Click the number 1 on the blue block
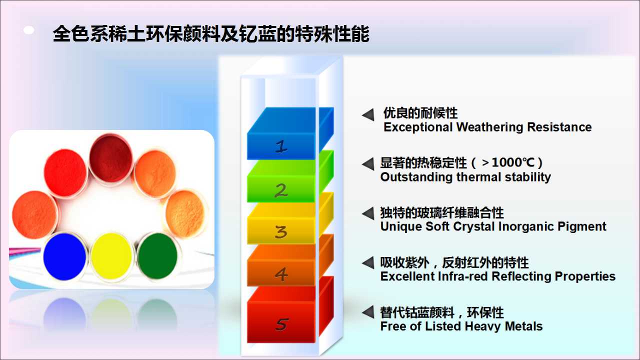[x=281, y=146]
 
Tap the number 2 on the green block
[x=281, y=190]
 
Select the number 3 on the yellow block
[x=281, y=231]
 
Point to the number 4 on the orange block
[x=281, y=274]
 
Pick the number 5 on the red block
[x=281, y=324]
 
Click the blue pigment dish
[x=65, y=256]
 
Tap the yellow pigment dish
[x=111, y=256]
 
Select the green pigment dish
[x=157, y=256]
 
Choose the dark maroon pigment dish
[x=111, y=158]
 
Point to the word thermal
[x=478, y=177]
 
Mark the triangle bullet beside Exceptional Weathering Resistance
[x=368, y=115]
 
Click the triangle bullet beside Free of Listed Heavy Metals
[x=368, y=312]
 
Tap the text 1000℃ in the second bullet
[x=513, y=162]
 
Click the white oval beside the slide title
[x=29, y=30]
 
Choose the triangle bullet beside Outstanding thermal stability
[x=368, y=164]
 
